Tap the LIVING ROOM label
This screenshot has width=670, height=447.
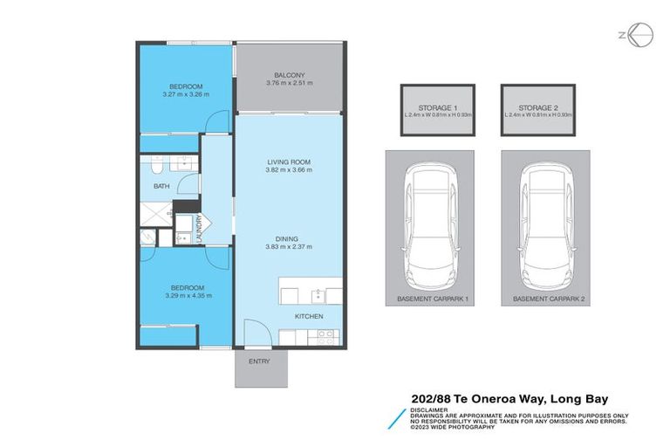pos(289,162)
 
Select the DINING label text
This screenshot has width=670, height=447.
pos(289,238)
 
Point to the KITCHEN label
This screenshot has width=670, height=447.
pos(309,315)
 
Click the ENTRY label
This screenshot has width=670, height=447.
pos(259,361)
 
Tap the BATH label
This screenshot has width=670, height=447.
pos(161,186)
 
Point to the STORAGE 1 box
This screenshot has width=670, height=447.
pos(437,110)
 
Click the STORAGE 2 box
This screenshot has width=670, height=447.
pos(538,110)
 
